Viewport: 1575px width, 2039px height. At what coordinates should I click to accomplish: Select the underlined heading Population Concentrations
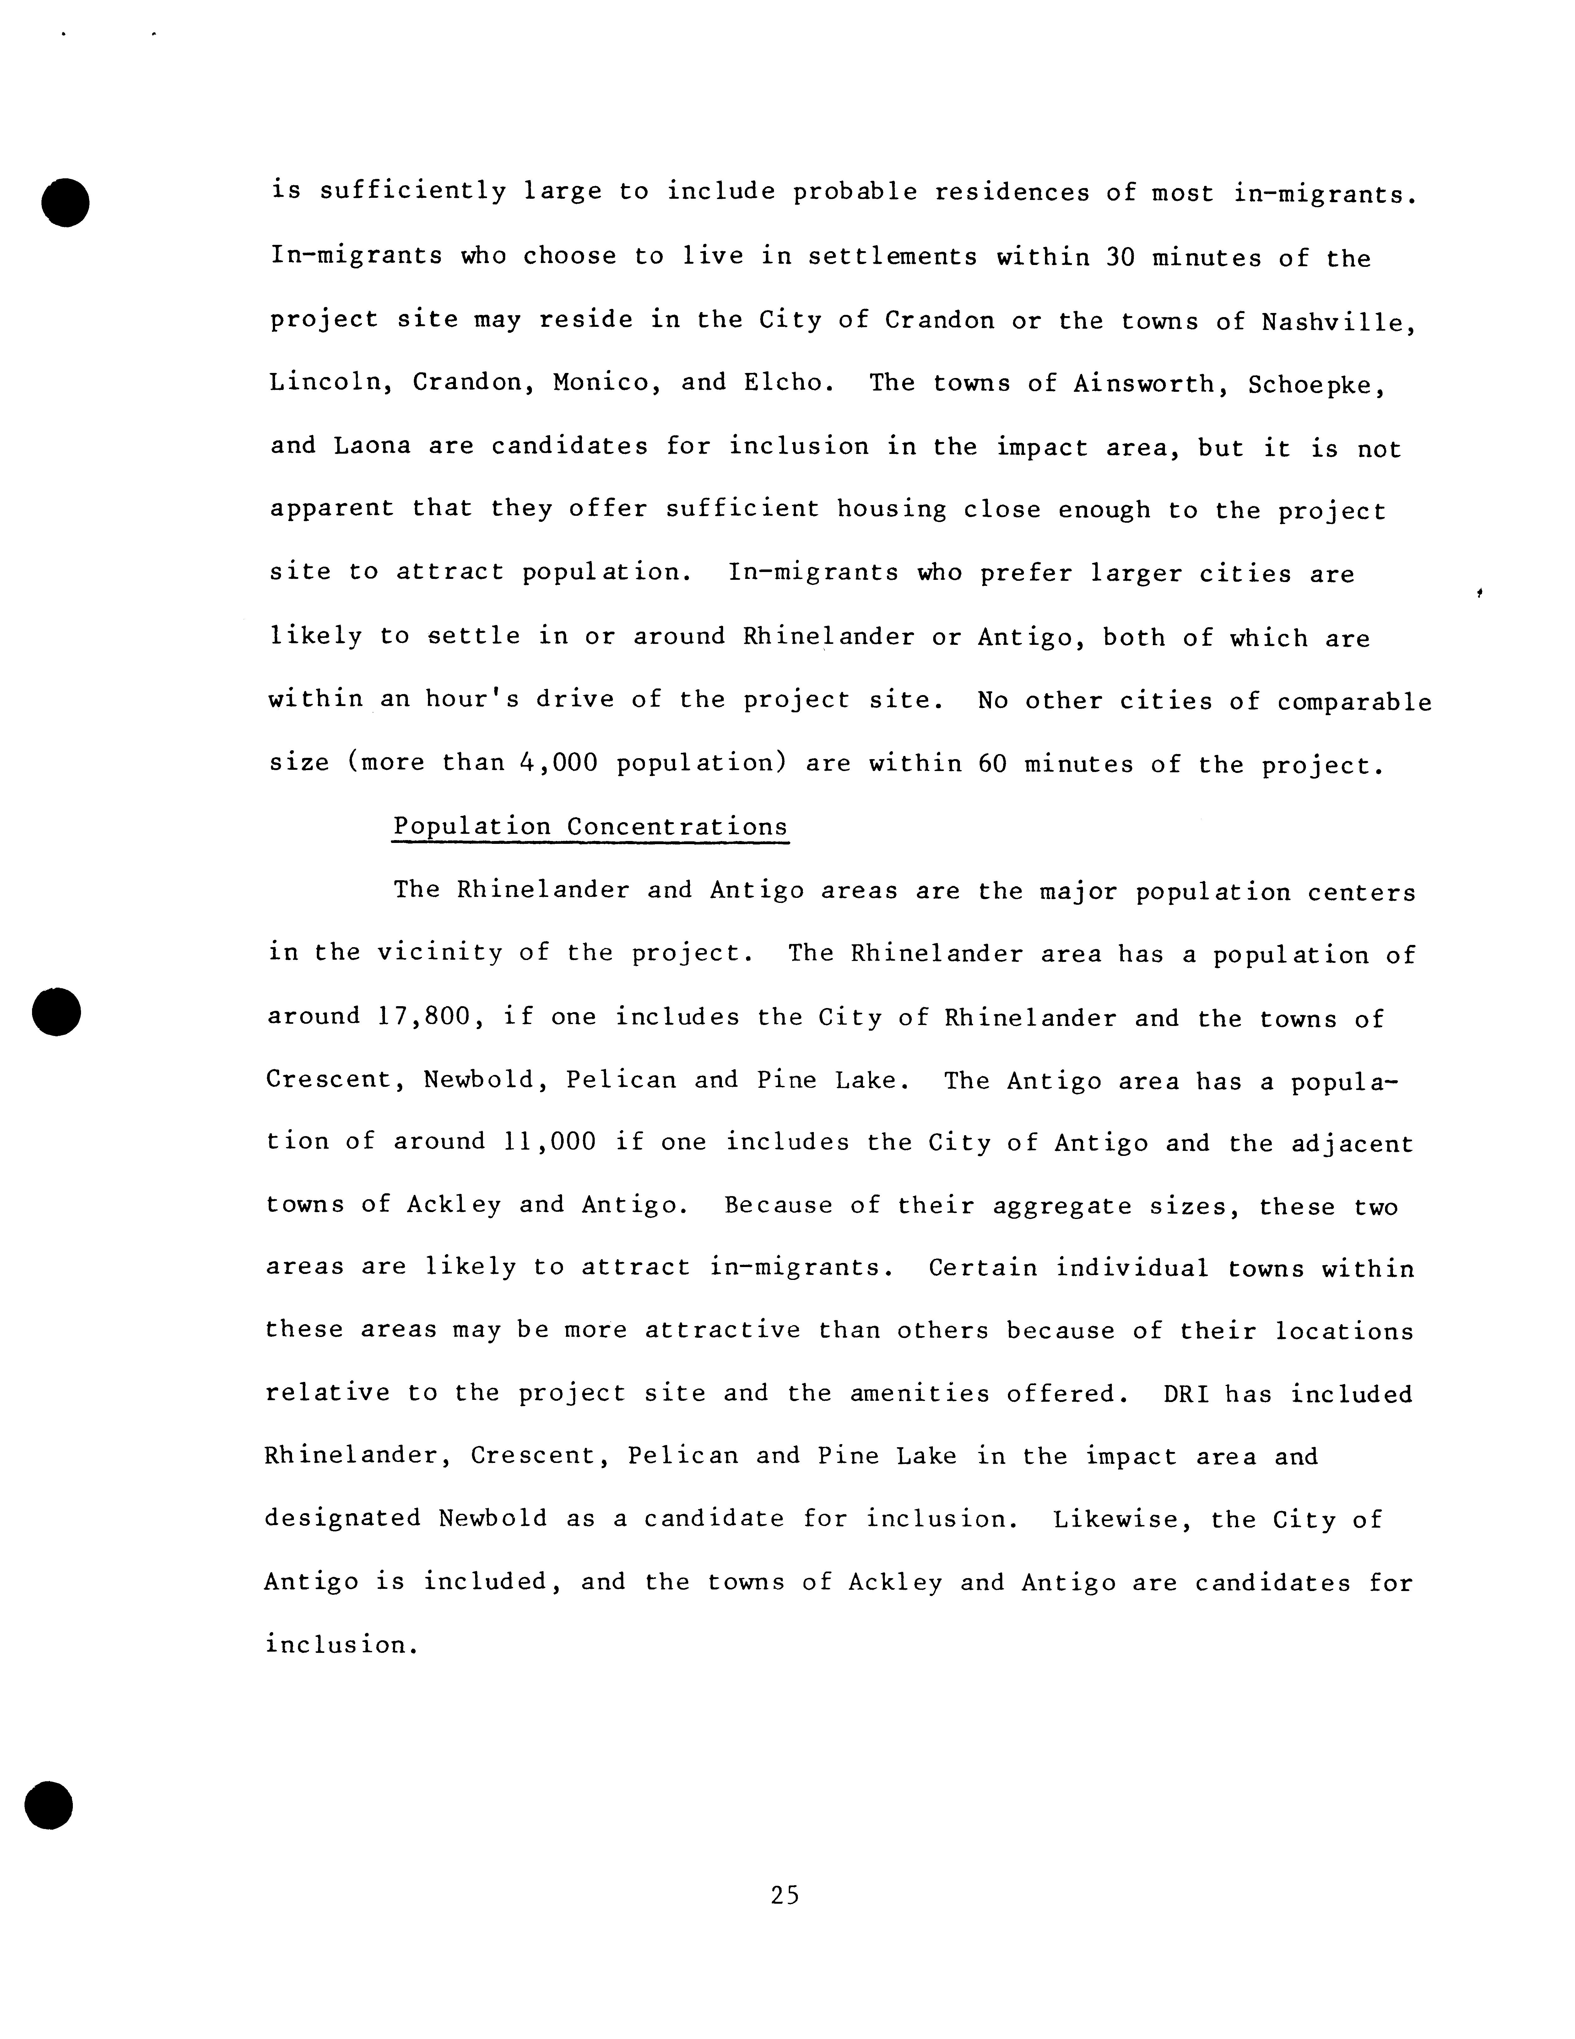[x=590, y=827]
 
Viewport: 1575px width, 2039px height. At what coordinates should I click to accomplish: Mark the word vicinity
[x=439, y=953]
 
